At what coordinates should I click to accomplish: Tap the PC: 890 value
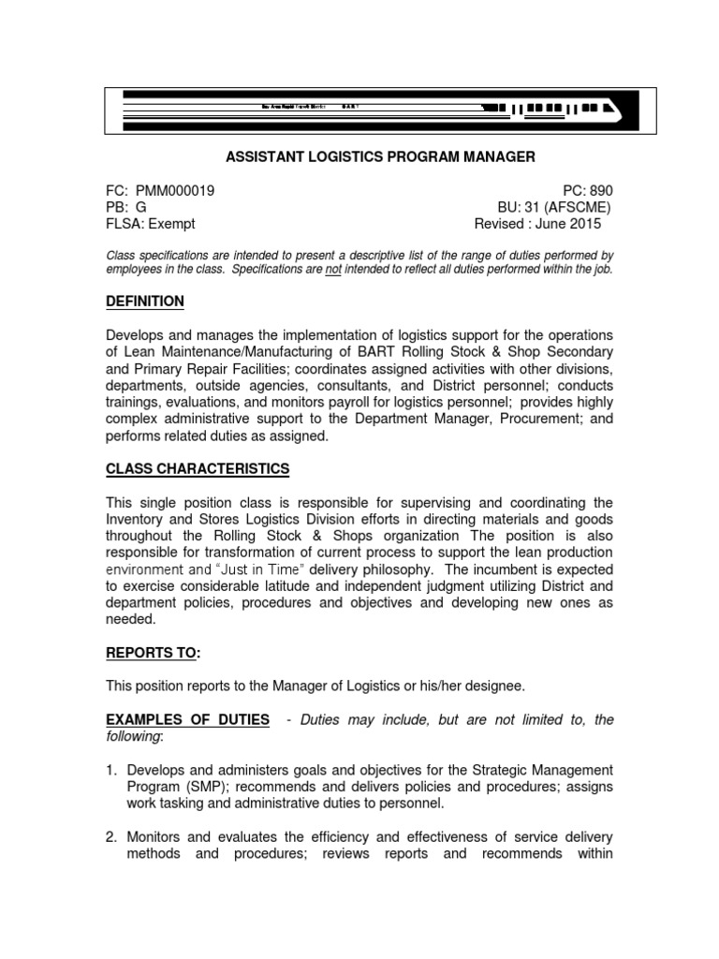point(587,190)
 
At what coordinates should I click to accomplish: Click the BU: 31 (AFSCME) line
point(554,207)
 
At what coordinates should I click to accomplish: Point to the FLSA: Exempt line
point(151,224)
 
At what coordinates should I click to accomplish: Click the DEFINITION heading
point(145,302)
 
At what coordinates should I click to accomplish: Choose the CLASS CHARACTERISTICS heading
point(198,468)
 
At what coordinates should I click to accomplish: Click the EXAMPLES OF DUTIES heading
point(188,719)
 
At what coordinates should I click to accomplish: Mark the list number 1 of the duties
point(110,770)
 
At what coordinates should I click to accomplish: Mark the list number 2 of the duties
point(110,836)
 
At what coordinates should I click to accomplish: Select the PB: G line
point(126,207)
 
